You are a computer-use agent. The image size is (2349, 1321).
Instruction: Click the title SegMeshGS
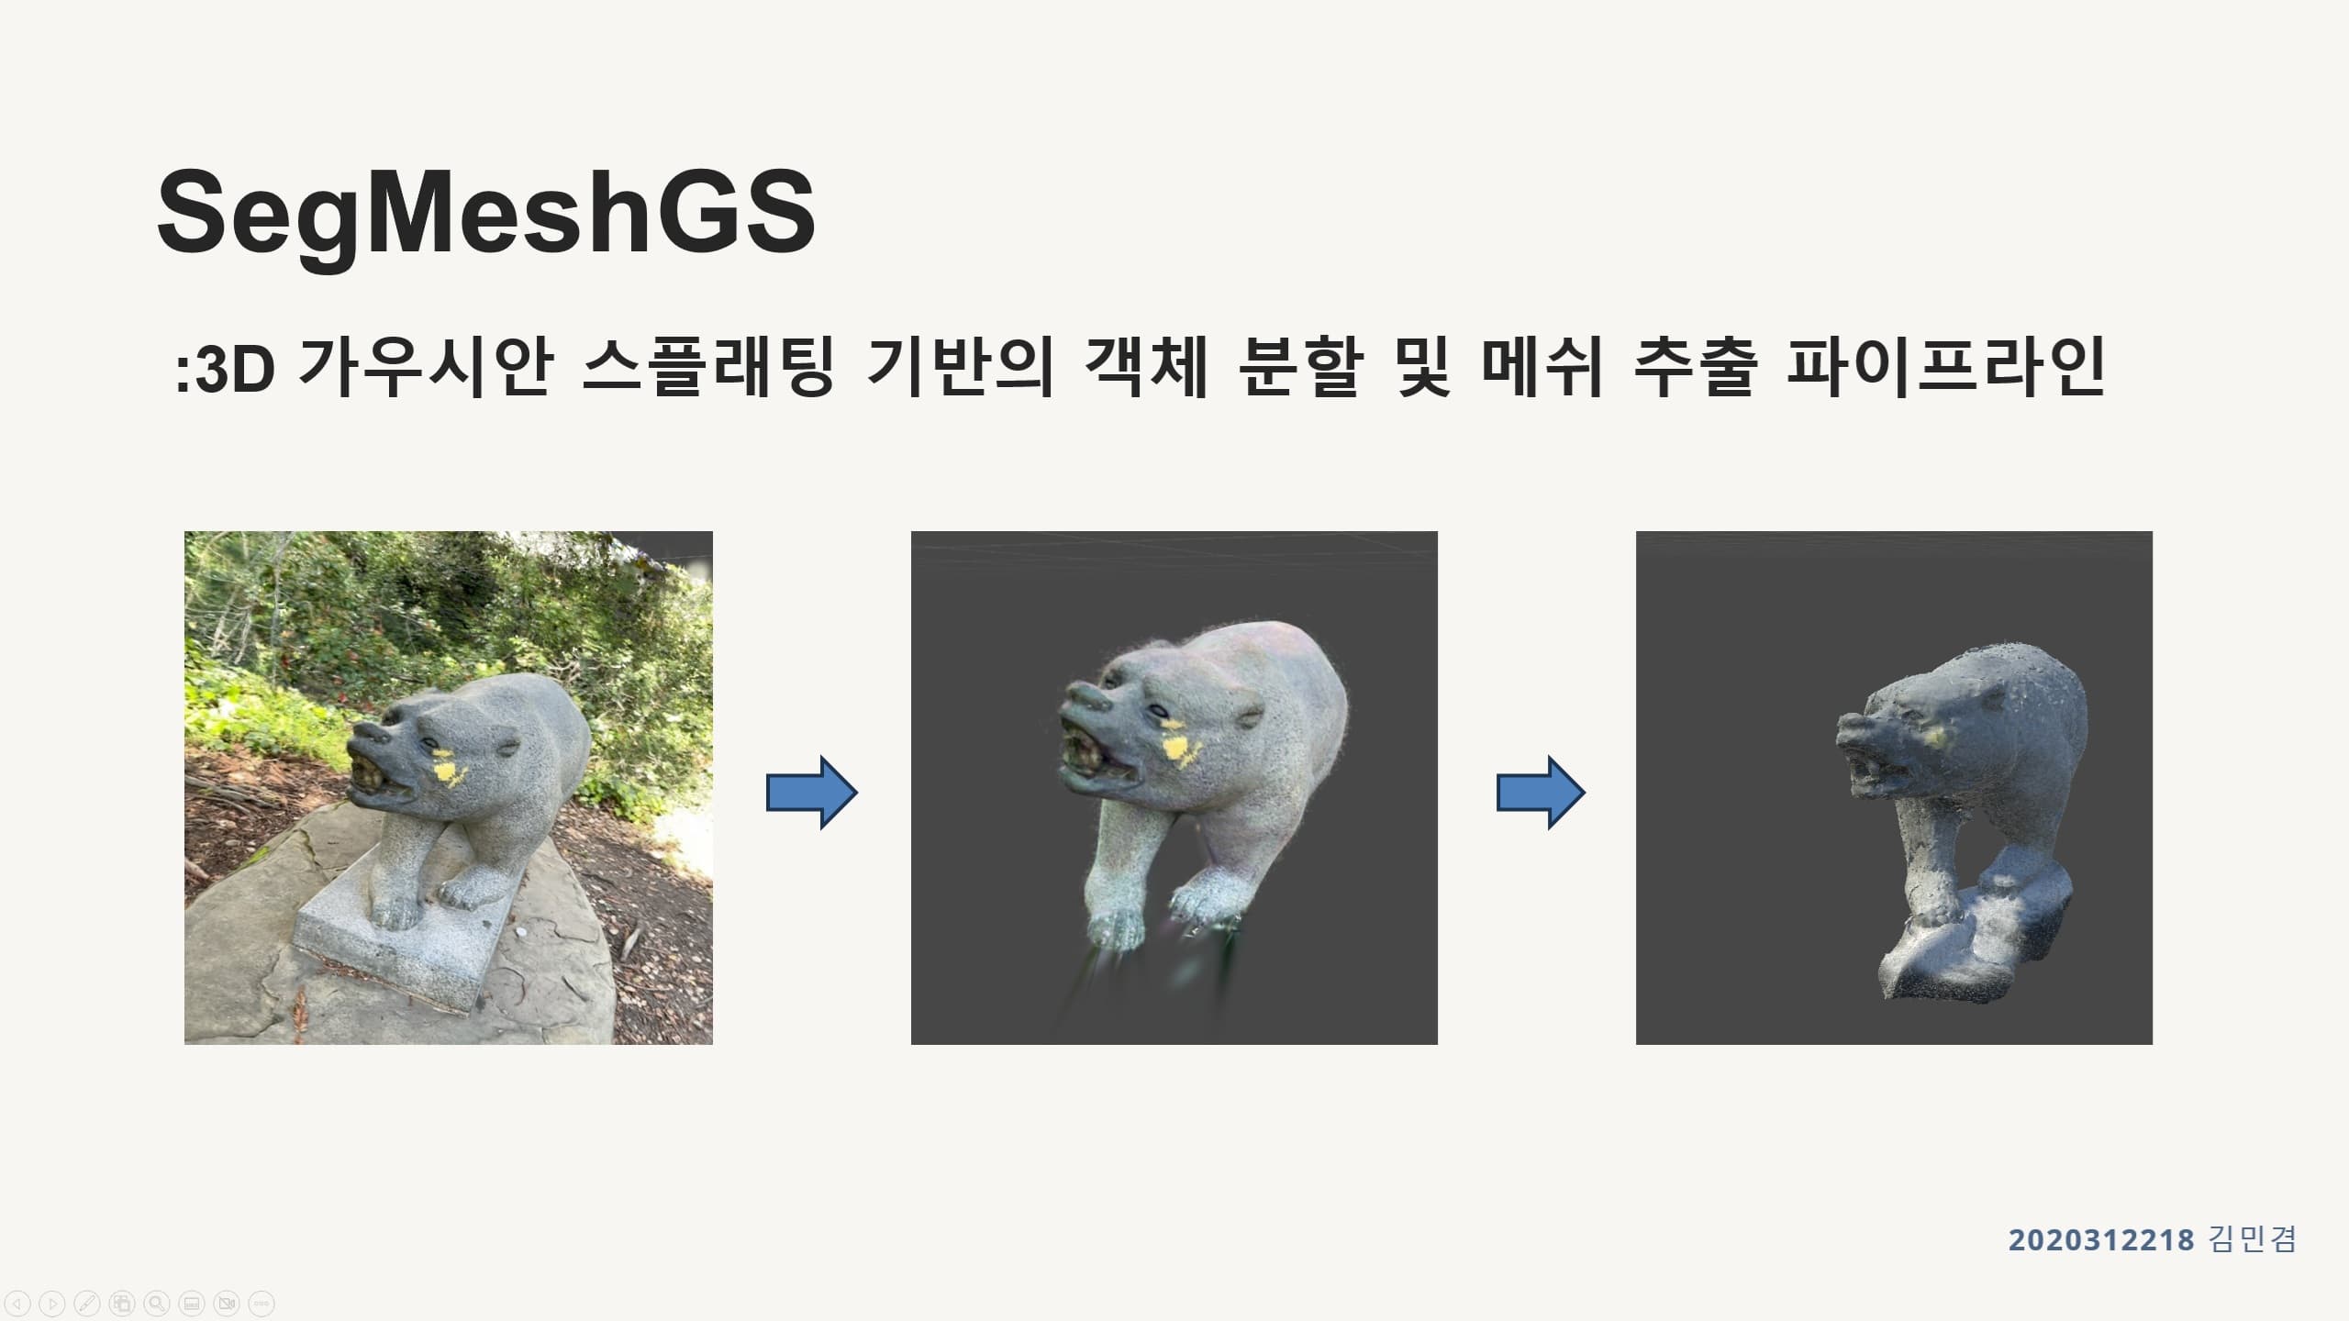pyautogui.click(x=486, y=213)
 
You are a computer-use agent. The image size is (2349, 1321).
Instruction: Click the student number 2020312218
pyautogui.click(x=2100, y=1240)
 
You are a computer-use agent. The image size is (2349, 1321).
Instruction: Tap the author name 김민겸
pyautogui.click(x=2252, y=1240)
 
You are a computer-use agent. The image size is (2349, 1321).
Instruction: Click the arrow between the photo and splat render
pyautogui.click(x=811, y=793)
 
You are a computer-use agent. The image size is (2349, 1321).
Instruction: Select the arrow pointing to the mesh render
pyautogui.click(x=1541, y=793)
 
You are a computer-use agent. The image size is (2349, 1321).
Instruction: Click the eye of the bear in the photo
pyautogui.click(x=429, y=744)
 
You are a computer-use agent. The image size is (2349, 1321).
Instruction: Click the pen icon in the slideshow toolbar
pyautogui.click(x=87, y=1303)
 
